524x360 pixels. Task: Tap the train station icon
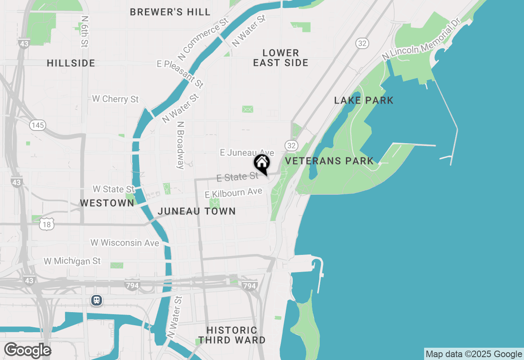tap(96, 301)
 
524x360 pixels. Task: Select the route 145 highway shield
tap(38, 125)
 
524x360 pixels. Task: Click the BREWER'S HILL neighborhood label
tap(170, 12)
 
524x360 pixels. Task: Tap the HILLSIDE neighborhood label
tap(71, 63)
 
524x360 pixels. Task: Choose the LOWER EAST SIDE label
tap(281, 58)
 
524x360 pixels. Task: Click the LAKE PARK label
tap(364, 101)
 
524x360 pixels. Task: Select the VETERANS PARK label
tap(329, 161)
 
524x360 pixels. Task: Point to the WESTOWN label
tap(107, 203)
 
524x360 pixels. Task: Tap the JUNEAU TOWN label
tap(196, 211)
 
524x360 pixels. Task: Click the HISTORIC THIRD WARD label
tap(232, 335)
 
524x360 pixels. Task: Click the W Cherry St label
tap(115, 99)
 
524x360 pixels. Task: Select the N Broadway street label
tap(181, 145)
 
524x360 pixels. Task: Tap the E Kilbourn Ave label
tap(233, 193)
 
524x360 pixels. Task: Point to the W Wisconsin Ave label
tap(124, 243)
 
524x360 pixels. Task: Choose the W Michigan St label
tap(72, 261)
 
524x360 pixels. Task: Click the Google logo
tap(27, 351)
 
